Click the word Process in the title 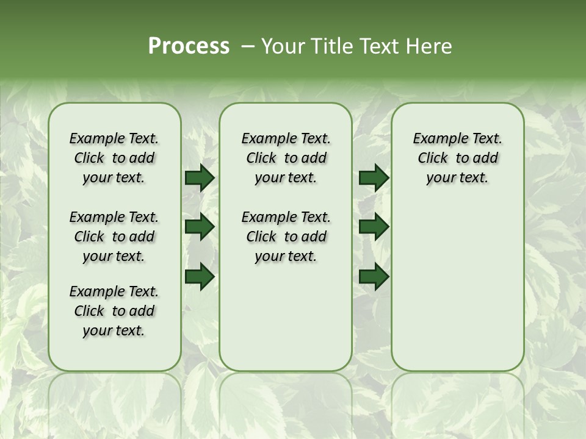(x=189, y=46)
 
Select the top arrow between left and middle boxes (x=200, y=178)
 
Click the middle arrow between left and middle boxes (x=200, y=227)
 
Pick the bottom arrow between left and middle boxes (x=200, y=277)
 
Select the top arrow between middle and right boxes (x=374, y=178)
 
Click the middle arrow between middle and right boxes (x=374, y=227)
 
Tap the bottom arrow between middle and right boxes (x=374, y=277)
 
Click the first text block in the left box (x=114, y=158)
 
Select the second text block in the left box (x=114, y=237)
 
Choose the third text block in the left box (x=114, y=311)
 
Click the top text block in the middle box (x=286, y=158)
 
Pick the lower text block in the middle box (x=286, y=237)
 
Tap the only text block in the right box (x=457, y=158)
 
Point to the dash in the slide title (x=248, y=46)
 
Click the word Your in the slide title (x=280, y=46)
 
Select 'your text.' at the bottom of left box (x=114, y=330)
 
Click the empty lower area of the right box (x=457, y=287)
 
